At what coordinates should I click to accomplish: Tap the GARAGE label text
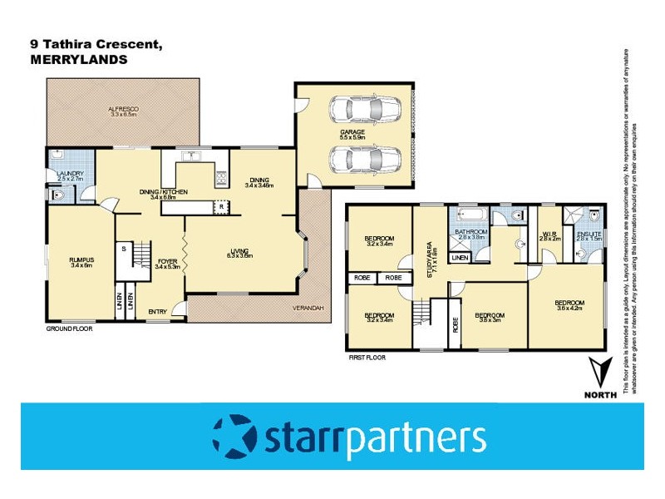(x=352, y=131)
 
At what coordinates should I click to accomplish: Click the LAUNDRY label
(x=71, y=173)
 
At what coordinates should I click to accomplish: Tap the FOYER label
(x=168, y=262)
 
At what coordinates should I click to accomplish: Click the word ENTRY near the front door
(x=158, y=312)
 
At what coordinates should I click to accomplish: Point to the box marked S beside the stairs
(x=123, y=249)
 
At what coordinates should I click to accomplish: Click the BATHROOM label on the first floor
(x=471, y=233)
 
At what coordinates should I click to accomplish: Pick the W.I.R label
(x=549, y=234)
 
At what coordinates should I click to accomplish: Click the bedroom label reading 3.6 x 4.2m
(x=569, y=303)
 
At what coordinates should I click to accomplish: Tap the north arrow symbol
(x=598, y=373)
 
